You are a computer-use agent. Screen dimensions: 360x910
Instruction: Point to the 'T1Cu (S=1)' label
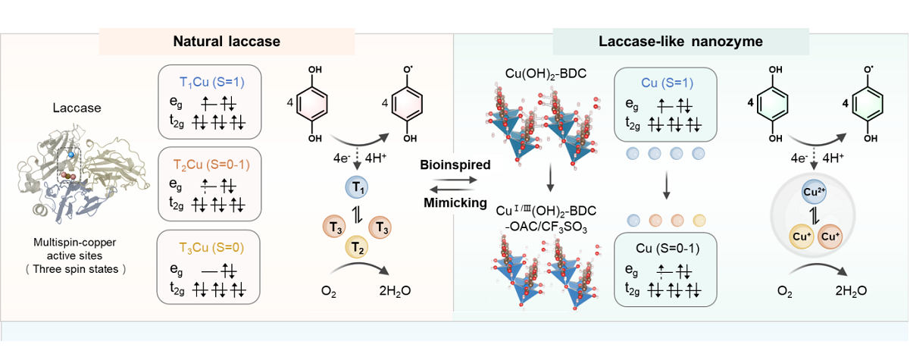[208, 83]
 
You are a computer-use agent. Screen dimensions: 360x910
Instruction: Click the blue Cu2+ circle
[809, 195]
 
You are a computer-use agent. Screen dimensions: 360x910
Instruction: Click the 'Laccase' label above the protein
[71, 108]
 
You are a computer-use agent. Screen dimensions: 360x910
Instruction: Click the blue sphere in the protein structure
[71, 154]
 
